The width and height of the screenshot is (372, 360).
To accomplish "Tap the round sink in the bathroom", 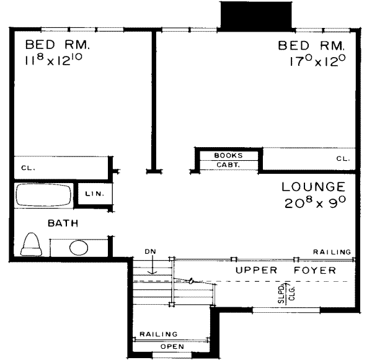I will [x=79, y=248].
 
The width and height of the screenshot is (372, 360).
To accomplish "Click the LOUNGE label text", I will [x=312, y=186].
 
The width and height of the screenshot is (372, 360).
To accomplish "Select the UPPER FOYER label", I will [x=285, y=271].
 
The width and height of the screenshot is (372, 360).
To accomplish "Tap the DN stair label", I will [x=149, y=252].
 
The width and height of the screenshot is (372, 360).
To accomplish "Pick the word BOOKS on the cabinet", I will [x=228, y=155].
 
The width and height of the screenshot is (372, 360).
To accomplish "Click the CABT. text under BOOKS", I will [x=228, y=164].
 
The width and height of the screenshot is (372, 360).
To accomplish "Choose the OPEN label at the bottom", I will [x=172, y=347].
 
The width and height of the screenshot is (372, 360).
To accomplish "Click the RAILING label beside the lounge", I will [x=332, y=251].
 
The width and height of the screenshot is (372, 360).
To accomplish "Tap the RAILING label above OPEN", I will [x=158, y=334].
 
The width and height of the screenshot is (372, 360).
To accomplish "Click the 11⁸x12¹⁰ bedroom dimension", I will [x=57, y=61].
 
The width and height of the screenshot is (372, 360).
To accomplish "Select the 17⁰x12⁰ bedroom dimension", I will [x=314, y=61].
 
